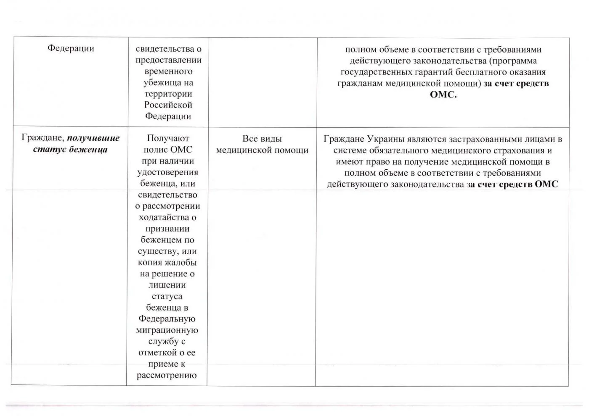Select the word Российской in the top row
pos(168,105)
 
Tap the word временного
pos(168,71)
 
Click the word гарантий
pos(426,72)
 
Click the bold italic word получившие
pos(93,138)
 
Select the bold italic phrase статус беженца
pos(70,150)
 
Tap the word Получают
pos(168,138)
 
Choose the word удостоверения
pos(167,172)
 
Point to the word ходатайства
pos(164,217)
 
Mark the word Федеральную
pos(167,319)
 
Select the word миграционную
pos(167,330)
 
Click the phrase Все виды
pos(262,139)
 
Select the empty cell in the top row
pos(263,82)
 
